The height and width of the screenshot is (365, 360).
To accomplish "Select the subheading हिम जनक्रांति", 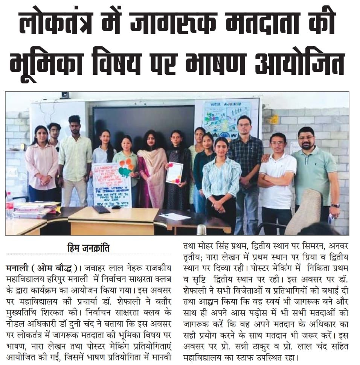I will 89,249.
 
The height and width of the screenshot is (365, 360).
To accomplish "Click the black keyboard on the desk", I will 101,209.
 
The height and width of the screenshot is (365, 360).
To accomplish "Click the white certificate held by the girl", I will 174,172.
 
